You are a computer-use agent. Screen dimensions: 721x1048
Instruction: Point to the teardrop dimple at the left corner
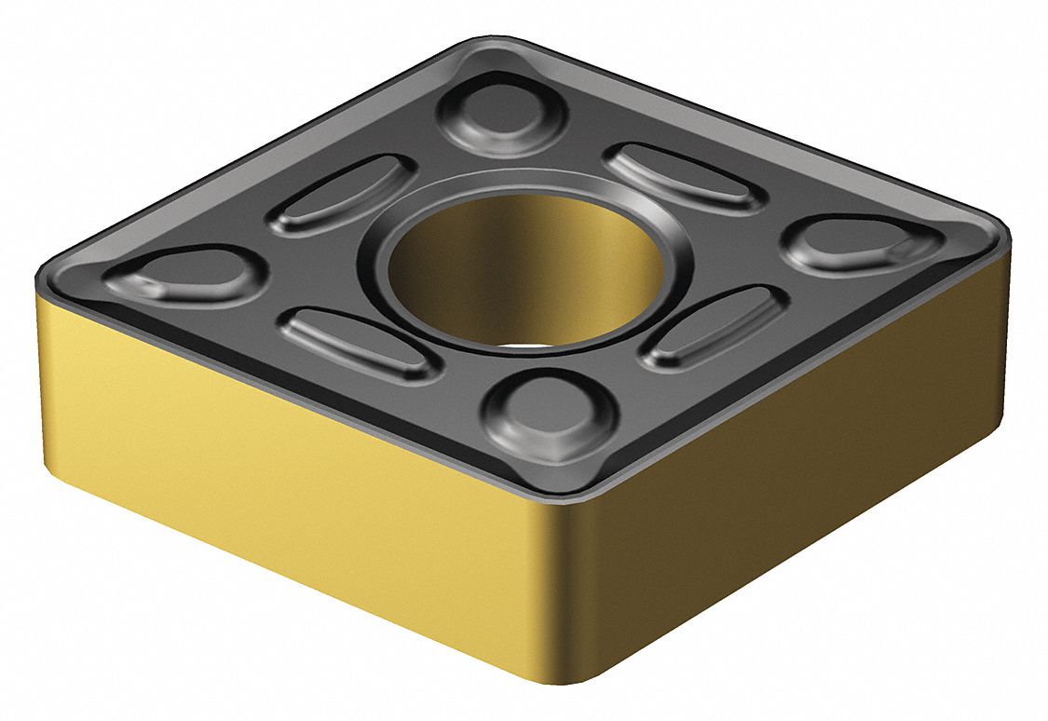186,277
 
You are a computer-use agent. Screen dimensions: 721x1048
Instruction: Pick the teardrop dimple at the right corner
856,244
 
